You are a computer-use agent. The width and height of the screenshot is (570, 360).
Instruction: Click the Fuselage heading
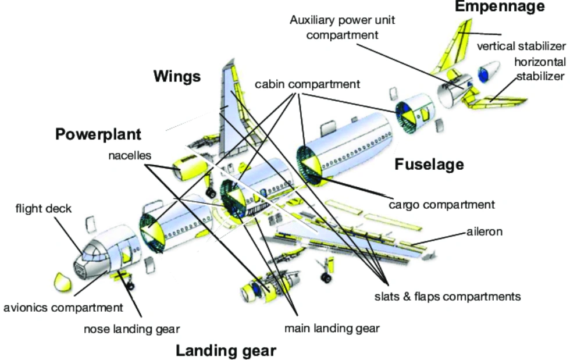pyautogui.click(x=429, y=165)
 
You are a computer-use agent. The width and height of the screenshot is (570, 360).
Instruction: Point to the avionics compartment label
pyautogui.click(x=63, y=308)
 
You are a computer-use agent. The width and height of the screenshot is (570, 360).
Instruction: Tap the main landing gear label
pyautogui.click(x=332, y=328)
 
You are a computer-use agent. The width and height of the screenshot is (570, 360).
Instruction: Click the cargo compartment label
pyautogui.click(x=442, y=205)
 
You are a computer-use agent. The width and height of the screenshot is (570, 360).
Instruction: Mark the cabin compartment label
pyautogui.click(x=307, y=84)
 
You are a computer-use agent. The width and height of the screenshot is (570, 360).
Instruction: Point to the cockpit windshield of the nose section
pyautogui.click(x=92, y=254)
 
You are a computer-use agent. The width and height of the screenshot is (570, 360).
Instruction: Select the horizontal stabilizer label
pyautogui.click(x=539, y=69)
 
